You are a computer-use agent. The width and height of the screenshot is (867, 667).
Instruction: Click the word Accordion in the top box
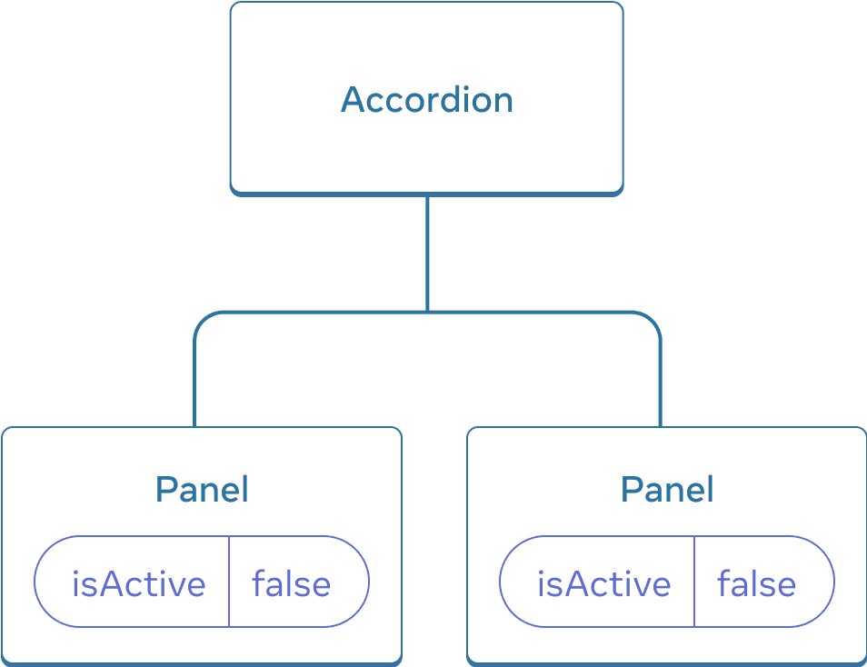(x=426, y=99)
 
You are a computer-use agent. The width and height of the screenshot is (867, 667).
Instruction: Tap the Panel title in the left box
(x=202, y=490)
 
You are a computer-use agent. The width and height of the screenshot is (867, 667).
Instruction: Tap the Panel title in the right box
(x=667, y=490)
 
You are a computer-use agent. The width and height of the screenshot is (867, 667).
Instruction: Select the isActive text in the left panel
(x=138, y=583)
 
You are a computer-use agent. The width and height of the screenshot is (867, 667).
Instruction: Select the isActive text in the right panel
(x=603, y=583)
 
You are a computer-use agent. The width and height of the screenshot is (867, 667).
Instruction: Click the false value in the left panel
(x=292, y=583)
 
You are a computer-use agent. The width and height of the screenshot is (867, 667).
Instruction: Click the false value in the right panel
(x=757, y=583)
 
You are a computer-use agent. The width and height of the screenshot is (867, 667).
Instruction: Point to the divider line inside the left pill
(x=229, y=582)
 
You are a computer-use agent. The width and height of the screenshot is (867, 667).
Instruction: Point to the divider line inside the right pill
(x=694, y=582)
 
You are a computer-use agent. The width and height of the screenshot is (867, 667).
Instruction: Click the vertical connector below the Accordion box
(x=426, y=254)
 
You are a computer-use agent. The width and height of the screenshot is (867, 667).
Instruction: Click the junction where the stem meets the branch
(x=426, y=314)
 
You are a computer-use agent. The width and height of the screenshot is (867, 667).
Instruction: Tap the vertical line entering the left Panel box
(x=194, y=391)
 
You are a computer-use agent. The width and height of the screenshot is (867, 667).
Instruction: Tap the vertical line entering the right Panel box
(x=660, y=391)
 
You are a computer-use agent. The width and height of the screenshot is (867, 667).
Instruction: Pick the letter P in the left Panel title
(x=164, y=490)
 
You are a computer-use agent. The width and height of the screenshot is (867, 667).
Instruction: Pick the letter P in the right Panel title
(x=630, y=490)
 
